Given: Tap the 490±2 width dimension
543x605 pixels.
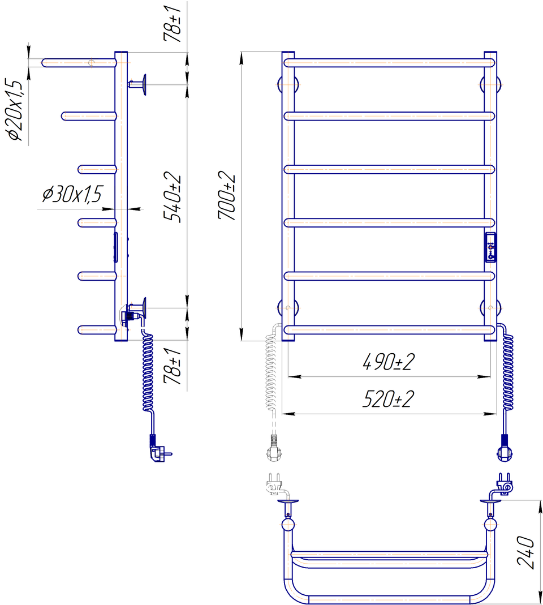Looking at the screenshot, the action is coord(389,362).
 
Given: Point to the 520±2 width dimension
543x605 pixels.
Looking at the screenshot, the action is coord(388,399).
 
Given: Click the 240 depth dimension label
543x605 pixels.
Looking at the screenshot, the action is coord(526,552).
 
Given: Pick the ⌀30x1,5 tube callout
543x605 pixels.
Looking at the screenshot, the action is coord(72,194).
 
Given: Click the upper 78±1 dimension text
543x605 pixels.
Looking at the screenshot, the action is coord(172,24).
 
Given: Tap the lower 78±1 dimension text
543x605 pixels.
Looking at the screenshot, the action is coord(172,366).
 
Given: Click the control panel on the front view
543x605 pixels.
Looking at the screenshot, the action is coord(490,247).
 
